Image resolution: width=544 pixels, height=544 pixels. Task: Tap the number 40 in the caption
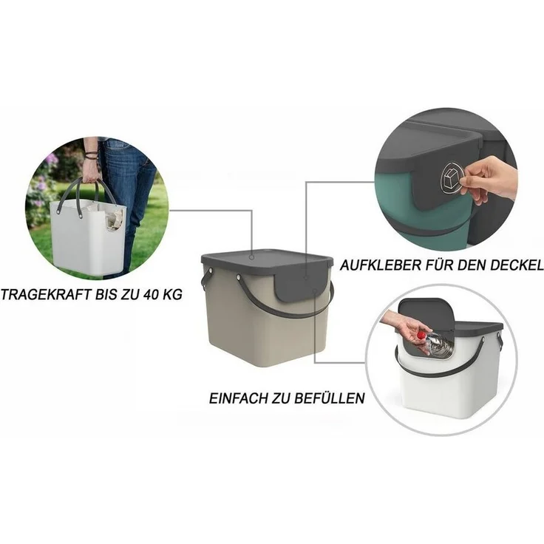149,295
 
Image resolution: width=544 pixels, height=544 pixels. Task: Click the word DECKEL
516,266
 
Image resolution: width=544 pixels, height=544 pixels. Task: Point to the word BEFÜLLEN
329,398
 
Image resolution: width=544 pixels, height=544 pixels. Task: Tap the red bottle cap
421,335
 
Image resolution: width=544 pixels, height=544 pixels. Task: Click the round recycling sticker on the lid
452,180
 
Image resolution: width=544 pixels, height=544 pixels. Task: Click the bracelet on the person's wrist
92,155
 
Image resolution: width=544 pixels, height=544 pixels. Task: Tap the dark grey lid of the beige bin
267,261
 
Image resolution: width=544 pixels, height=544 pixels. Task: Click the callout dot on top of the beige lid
251,258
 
